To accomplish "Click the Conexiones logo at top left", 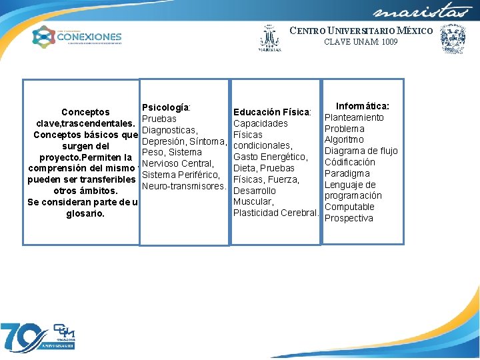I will coord(77,37).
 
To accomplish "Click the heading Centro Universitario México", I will coord(361,31).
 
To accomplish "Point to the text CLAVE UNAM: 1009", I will coord(361,42).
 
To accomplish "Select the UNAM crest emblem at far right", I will coord(453,39).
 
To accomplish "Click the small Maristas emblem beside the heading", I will coord(270,39).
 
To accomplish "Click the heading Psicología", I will coord(167,107).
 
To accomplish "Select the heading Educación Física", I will coord(272,112).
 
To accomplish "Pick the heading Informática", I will coord(363,106).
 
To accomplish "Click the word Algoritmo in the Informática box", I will coord(344,140).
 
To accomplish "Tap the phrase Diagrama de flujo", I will coord(361,151).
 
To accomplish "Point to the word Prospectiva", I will coord(349,218).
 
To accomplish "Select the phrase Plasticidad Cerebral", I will coord(274,213).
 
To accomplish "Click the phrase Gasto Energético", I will coord(270,157).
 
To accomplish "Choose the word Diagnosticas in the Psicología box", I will coord(169,130).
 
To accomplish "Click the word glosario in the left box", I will coord(85,214).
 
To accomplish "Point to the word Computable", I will coord(349,207).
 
